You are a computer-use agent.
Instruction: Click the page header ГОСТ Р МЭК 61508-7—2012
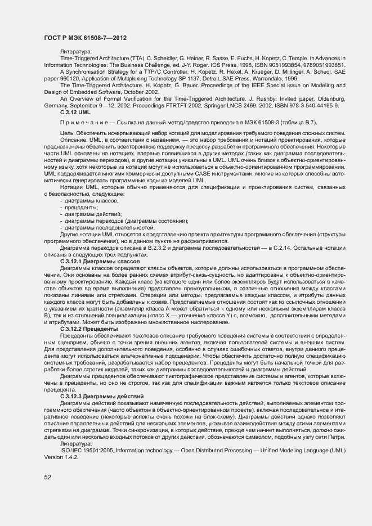pyautogui.click(x=85, y=38)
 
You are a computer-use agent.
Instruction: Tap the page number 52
pyautogui.click(x=48, y=476)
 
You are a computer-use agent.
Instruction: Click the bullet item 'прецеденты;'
pyautogui.click(x=82, y=207)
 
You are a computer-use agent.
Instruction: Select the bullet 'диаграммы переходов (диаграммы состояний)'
pyautogui.click(x=126, y=221)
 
